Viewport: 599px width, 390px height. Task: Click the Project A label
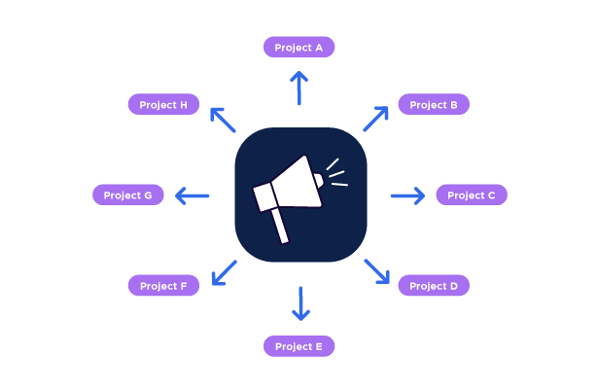[x=299, y=47]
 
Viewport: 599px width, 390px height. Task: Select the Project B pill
[x=434, y=104]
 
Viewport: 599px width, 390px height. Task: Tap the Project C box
[x=471, y=195]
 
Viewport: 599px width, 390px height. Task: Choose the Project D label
[x=434, y=285]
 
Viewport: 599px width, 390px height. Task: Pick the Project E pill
[x=299, y=346]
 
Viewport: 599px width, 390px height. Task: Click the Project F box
[x=163, y=285]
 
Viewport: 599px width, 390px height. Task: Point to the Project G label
[x=127, y=195]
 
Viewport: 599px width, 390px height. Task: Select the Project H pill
[x=163, y=104]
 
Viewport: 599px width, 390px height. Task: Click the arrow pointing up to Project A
[x=299, y=88]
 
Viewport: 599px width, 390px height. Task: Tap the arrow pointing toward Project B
[x=376, y=119]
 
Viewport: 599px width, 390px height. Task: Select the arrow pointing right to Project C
[x=407, y=195]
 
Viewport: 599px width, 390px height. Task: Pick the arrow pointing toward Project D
[x=377, y=271]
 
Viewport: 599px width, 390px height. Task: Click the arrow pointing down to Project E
[x=300, y=303]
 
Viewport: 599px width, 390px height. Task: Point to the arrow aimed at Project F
[x=224, y=272]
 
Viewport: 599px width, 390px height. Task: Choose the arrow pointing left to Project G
[x=192, y=195]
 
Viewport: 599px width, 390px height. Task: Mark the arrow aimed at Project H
[x=223, y=119]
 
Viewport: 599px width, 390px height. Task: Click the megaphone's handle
[x=280, y=226]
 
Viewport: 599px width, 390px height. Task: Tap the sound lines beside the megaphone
[x=335, y=173]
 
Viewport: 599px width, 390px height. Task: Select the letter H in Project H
[x=184, y=104]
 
